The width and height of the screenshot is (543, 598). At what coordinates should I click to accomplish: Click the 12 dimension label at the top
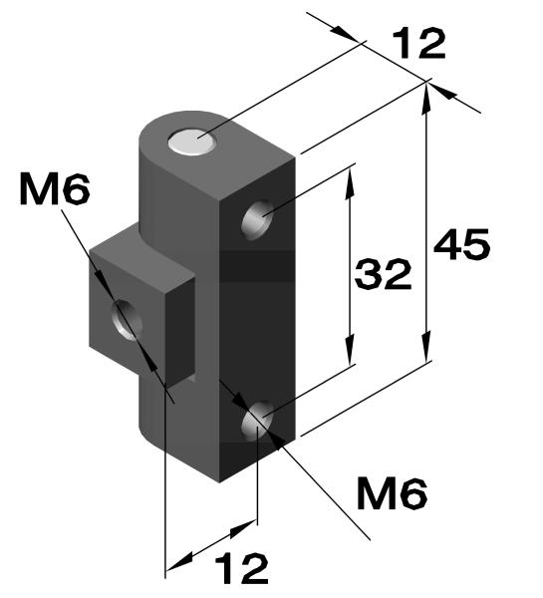[x=418, y=45]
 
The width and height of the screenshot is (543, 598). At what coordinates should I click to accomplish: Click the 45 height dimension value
[x=461, y=244]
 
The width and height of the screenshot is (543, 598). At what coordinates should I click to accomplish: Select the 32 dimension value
[x=384, y=274]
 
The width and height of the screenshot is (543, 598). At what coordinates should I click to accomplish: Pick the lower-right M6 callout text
[x=393, y=492]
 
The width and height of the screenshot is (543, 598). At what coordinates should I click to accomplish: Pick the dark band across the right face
[x=258, y=264]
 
